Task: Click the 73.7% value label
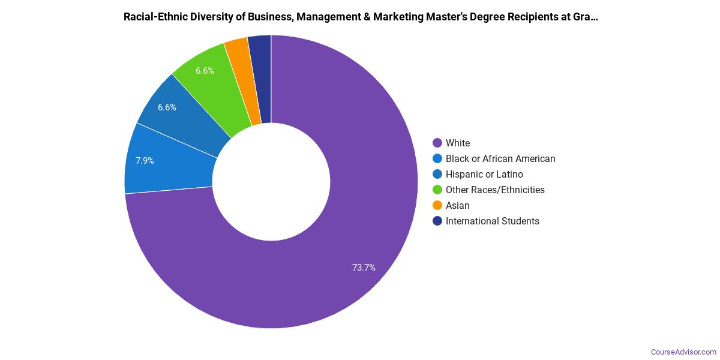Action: (364, 268)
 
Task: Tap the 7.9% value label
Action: (145, 161)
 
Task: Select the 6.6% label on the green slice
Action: (205, 71)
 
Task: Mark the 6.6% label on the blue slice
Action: (167, 107)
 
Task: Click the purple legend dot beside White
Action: (437, 143)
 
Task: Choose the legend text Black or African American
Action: (500, 158)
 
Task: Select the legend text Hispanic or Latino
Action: (484, 174)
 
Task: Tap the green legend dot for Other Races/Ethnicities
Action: (437, 190)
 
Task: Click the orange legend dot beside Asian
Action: (437, 205)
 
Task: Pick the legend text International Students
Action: (492, 221)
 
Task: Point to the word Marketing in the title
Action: (398, 17)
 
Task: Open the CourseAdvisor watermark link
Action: (683, 352)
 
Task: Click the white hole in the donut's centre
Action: (271, 182)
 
